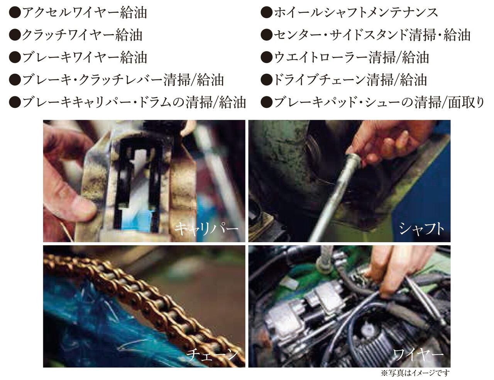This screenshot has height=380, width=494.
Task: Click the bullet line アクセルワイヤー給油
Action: (78, 13)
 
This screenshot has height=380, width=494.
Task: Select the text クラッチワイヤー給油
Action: (76, 35)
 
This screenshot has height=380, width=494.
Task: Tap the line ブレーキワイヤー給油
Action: (78, 58)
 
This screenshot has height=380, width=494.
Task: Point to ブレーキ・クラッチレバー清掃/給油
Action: (117, 80)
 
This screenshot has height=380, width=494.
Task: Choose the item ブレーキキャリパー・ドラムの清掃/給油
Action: (127, 103)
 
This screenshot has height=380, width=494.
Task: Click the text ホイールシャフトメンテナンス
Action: (349, 13)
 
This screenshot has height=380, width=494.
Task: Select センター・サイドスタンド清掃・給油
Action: (365, 35)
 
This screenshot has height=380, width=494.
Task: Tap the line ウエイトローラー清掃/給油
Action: (345, 58)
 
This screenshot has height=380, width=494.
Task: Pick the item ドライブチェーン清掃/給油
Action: (343, 80)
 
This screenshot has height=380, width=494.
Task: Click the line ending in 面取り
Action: (372, 103)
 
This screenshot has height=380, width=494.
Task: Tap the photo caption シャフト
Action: (421, 229)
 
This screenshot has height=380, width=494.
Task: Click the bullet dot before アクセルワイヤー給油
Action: (15, 13)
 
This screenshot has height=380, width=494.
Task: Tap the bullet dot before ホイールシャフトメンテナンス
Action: (266, 13)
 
